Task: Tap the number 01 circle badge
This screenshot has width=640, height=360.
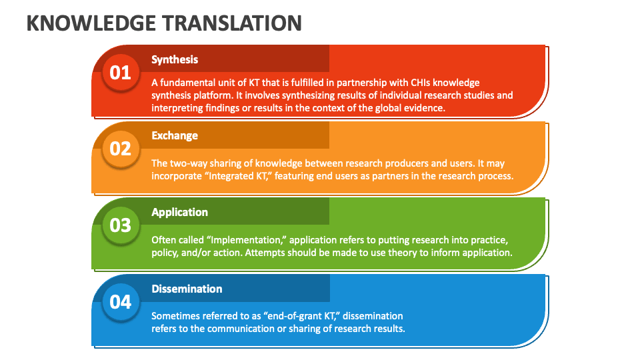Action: pyautogui.click(x=121, y=71)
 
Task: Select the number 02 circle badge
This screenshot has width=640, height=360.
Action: pyautogui.click(x=121, y=148)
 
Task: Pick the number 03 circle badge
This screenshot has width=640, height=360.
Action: pyautogui.click(x=121, y=225)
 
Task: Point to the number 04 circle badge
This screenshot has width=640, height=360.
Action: pyautogui.click(x=121, y=301)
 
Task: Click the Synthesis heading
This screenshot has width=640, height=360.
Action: pyautogui.click(x=175, y=59)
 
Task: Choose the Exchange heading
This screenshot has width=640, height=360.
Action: pyautogui.click(x=175, y=135)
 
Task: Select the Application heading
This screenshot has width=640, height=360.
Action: pyautogui.click(x=179, y=212)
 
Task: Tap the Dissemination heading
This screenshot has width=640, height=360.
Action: pyautogui.click(x=187, y=289)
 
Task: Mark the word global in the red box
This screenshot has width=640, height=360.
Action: pyautogui.click(x=385, y=108)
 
